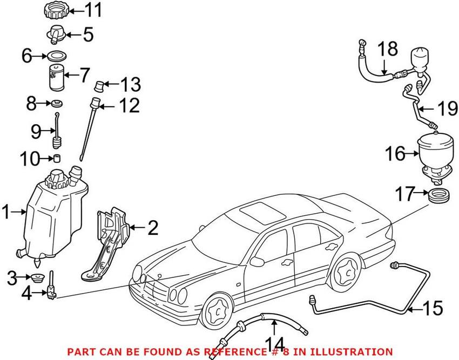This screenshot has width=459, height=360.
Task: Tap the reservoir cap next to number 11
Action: click(55, 10)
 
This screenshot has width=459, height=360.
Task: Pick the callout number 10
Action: click(30, 159)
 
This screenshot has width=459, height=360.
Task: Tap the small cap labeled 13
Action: click(99, 85)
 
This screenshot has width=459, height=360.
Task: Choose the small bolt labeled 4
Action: click(51, 287)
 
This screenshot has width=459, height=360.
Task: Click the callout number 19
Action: click(446, 110)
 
